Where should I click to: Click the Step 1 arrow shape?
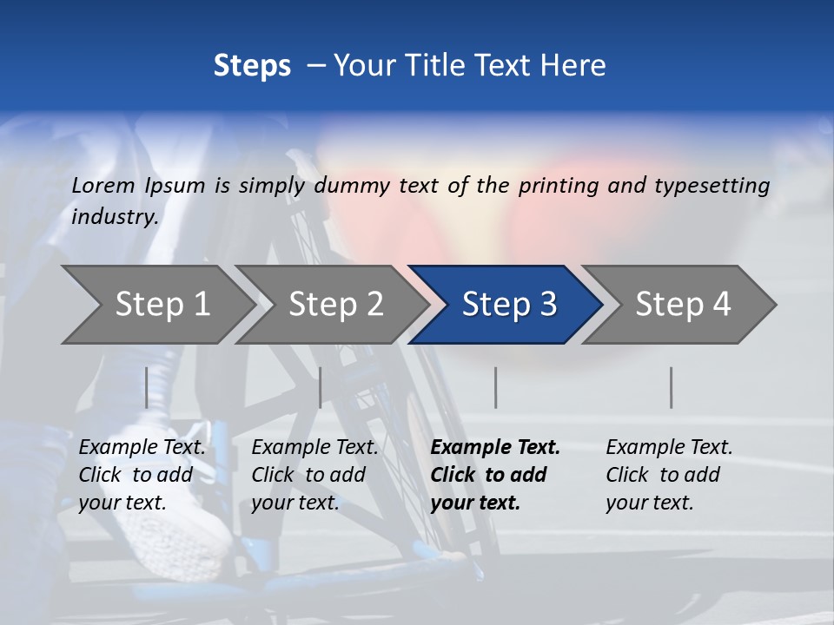tap(161, 305)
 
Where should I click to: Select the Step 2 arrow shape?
tap(334, 305)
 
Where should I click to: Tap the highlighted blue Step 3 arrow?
tap(508, 305)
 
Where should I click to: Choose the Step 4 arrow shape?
tap(682, 305)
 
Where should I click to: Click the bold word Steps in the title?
tap(252, 66)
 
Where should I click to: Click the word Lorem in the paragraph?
tap(103, 186)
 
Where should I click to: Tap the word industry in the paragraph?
tap(114, 216)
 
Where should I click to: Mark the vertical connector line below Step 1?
tap(147, 387)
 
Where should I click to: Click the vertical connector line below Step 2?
tap(321, 387)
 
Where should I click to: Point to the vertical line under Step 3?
tap(496, 387)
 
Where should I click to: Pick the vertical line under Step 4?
tap(672, 387)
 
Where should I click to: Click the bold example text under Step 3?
tap(495, 475)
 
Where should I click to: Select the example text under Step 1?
tap(142, 475)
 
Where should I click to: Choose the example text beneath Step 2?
tap(314, 475)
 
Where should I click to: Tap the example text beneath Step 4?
tap(669, 475)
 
